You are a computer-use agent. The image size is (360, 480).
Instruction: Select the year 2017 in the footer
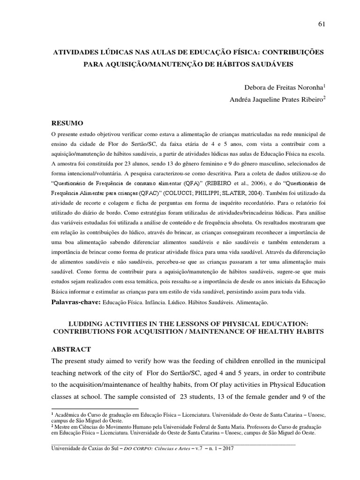226,449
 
